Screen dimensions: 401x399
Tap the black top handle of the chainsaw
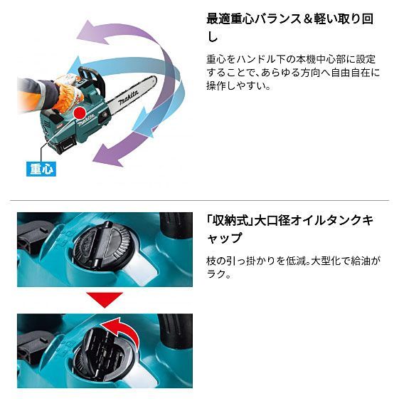coord(93,75)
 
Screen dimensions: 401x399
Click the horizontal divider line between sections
coord(199,201)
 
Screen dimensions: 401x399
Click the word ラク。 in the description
coord(216,274)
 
